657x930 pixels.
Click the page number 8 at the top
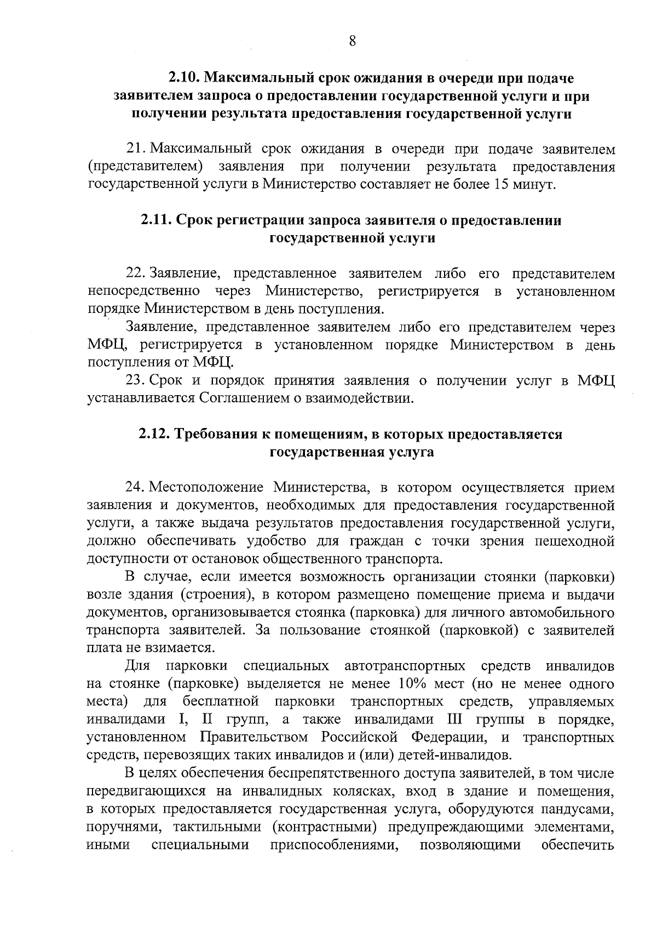pos(352,41)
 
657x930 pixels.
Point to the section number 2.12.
pos(156,434)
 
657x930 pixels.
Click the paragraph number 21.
pos(135,149)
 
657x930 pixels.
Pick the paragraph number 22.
pos(135,273)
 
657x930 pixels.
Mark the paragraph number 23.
pos(135,380)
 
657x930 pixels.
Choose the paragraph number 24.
pos(135,487)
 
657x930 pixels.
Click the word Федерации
pos(450,737)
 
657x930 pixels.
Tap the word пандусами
pos(577,809)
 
